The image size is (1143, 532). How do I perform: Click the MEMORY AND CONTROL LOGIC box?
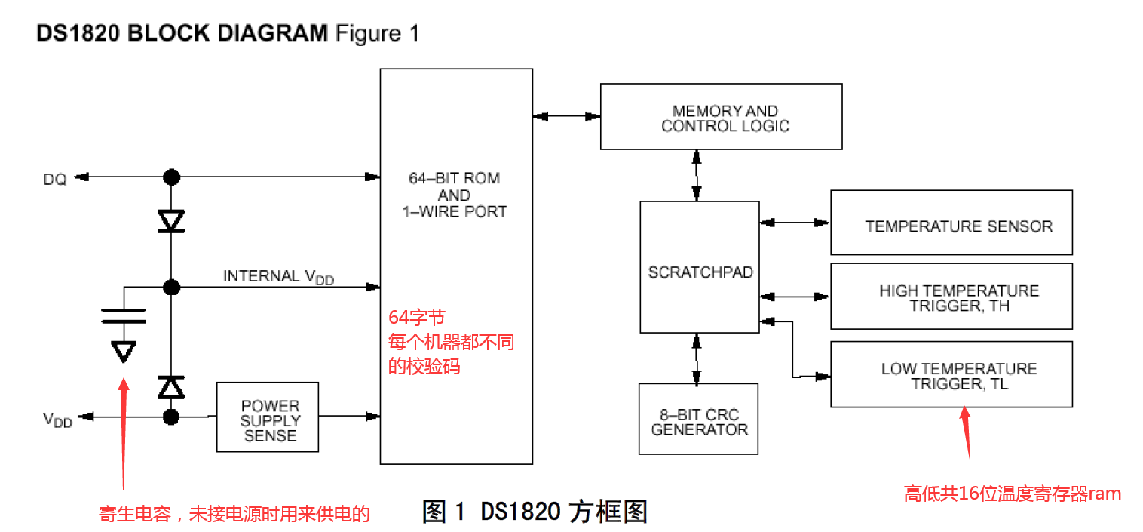point(721,116)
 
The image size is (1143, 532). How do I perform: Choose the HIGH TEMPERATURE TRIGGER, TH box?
point(951,296)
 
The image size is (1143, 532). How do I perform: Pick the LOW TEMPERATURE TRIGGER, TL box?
point(951,374)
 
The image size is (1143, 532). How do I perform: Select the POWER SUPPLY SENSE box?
point(268,417)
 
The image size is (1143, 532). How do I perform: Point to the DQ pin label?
point(55,179)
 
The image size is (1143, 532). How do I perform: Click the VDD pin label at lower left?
point(57,420)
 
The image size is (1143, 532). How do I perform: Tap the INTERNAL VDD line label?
point(278,277)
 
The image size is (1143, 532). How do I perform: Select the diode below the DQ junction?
point(172,221)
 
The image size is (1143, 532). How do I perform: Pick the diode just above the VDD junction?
point(172,386)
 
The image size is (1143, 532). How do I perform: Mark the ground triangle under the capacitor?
point(123,351)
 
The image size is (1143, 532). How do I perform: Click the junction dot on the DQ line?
point(172,177)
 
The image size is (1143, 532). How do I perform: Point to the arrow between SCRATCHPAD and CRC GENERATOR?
point(697,358)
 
